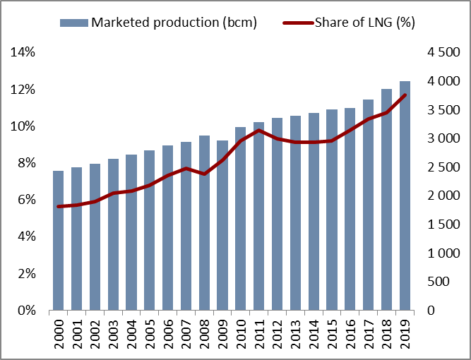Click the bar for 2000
click(x=59, y=240)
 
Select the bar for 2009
click(x=222, y=226)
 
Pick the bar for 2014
click(x=314, y=212)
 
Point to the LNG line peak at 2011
click(x=259, y=130)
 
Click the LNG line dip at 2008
click(x=204, y=174)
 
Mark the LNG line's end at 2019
click(x=405, y=95)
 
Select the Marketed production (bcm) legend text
click(x=174, y=23)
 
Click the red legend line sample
click(x=297, y=23)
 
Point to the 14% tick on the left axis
click(x=23, y=52)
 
